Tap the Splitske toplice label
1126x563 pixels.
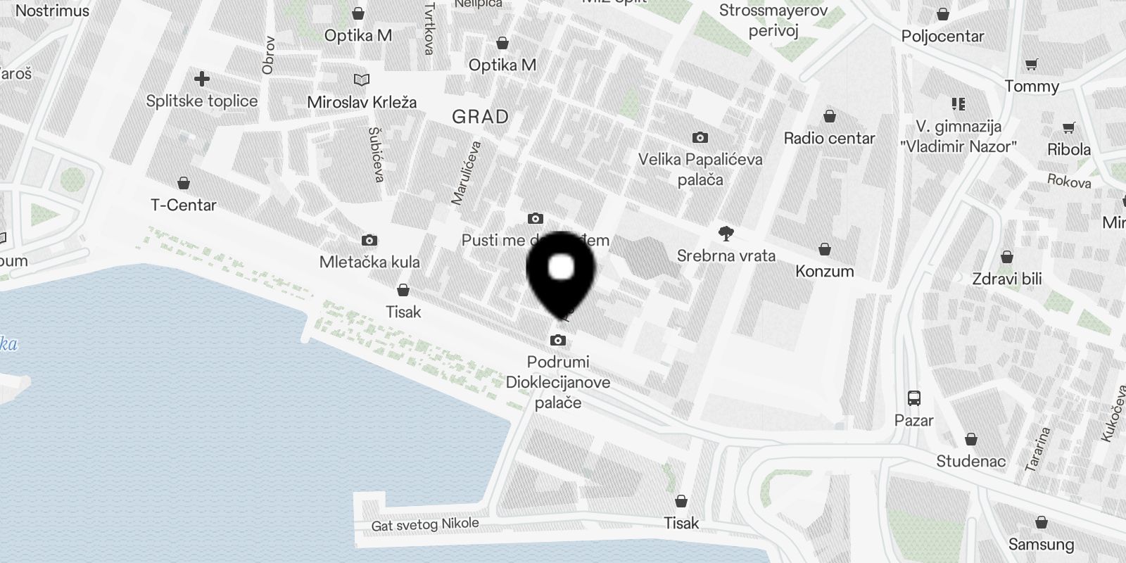coord(202,101)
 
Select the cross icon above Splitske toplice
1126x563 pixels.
coord(202,78)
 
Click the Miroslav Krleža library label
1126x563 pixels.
coord(362,103)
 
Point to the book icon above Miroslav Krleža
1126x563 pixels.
coord(362,80)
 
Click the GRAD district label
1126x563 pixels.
coord(480,117)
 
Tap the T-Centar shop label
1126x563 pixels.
coord(184,205)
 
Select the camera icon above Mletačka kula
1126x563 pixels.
coord(369,241)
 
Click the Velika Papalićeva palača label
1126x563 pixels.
coord(700,170)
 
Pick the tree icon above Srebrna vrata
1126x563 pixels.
coord(726,234)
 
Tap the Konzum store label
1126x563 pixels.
coord(825,272)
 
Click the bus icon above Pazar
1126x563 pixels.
coord(914,398)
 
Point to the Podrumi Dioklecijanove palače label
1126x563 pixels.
coord(558,382)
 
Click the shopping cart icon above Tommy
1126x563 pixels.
coord(1032,65)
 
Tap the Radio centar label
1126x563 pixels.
coord(830,139)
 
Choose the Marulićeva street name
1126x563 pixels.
coord(466,173)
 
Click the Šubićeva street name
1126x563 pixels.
coord(377,154)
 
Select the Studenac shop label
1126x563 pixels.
coord(971,462)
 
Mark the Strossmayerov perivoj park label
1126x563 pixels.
coord(773,20)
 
